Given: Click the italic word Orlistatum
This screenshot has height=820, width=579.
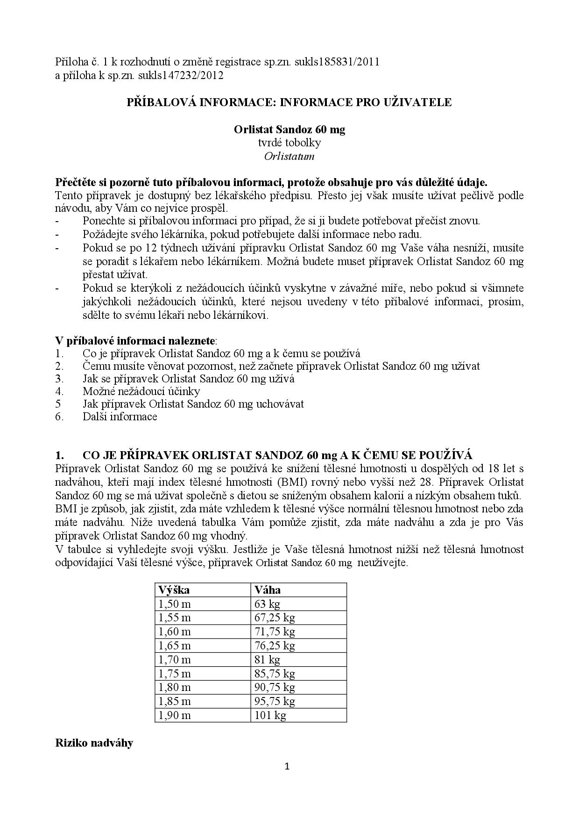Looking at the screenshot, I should (289, 156).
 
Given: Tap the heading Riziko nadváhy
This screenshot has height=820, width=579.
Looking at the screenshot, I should (94, 743).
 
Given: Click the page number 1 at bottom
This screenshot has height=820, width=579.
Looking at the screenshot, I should (287, 766).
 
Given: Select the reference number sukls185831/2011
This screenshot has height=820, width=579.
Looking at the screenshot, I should (337, 62).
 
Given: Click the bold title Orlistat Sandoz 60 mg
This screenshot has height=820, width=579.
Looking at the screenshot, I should (289, 129).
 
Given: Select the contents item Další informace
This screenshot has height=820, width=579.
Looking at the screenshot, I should (120, 417).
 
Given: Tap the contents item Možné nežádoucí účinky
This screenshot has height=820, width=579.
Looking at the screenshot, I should (141, 391).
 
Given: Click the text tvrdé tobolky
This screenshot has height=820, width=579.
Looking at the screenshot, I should (289, 143).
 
